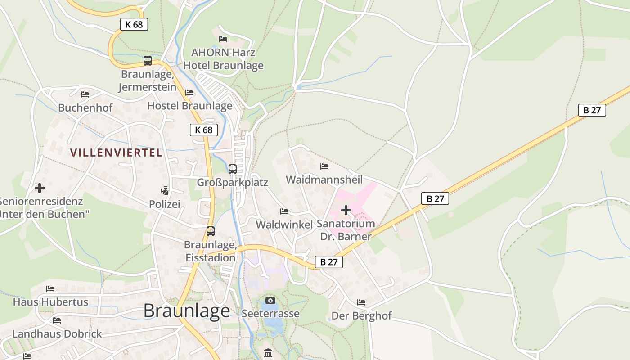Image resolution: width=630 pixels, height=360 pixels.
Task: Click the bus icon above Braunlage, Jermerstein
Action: tap(148, 61)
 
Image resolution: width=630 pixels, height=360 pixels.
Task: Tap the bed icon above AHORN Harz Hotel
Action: tap(223, 39)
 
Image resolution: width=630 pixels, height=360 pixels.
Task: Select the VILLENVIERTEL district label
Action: tap(116, 153)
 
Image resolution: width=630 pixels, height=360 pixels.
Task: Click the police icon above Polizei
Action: tap(165, 191)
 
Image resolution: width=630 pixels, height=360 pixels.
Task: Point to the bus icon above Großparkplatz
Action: tap(233, 169)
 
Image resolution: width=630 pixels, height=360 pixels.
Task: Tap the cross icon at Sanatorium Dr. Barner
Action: tap(346, 210)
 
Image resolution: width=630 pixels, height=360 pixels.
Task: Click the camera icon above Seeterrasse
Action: tap(270, 300)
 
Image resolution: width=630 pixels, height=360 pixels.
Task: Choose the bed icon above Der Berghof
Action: tap(361, 302)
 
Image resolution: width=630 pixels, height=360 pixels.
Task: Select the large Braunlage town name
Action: tap(187, 310)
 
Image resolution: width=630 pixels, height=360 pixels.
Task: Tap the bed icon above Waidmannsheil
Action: tap(324, 166)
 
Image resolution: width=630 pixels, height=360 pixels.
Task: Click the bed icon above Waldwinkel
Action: tap(284, 211)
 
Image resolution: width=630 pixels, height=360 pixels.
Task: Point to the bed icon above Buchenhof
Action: tap(85, 94)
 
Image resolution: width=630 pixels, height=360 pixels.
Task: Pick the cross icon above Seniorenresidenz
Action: tap(40, 188)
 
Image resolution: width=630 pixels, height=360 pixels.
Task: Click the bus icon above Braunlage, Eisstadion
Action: tap(211, 231)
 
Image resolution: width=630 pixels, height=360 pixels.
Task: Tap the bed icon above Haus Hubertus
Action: tap(50, 288)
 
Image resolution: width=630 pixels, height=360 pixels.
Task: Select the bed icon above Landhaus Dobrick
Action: tap(57, 320)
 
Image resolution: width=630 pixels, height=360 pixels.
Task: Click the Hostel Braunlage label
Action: tap(190, 106)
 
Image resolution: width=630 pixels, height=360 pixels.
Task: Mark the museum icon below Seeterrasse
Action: tap(269, 353)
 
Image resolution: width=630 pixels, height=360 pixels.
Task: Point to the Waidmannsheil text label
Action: tap(324, 180)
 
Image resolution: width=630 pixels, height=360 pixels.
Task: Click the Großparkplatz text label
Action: tap(232, 182)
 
